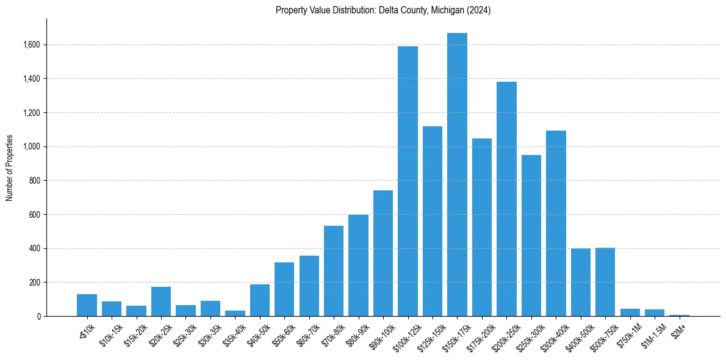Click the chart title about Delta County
[x=383, y=10]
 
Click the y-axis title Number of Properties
[x=10, y=167]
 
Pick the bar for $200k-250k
[x=506, y=199]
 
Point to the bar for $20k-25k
[x=161, y=301]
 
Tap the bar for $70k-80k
[x=334, y=271]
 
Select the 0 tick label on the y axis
[x=38, y=316]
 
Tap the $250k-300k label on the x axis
[x=528, y=333]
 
